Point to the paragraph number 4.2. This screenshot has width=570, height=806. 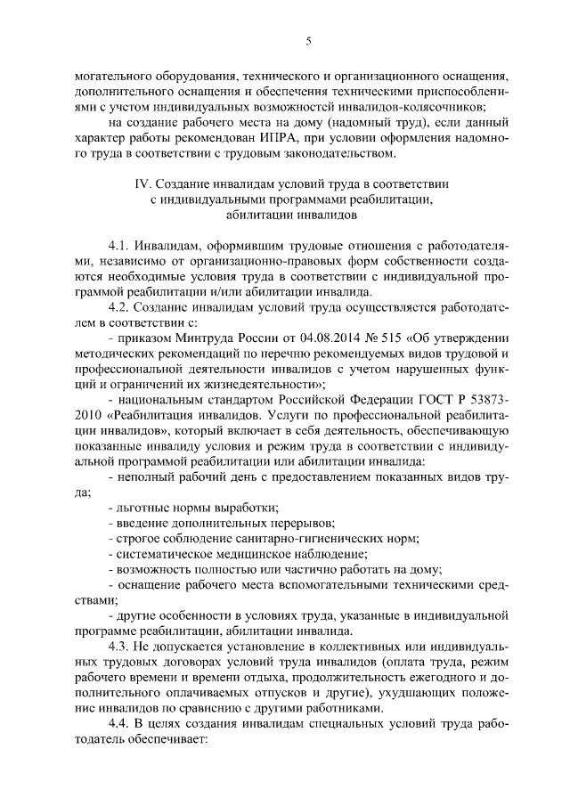pos(119,308)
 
